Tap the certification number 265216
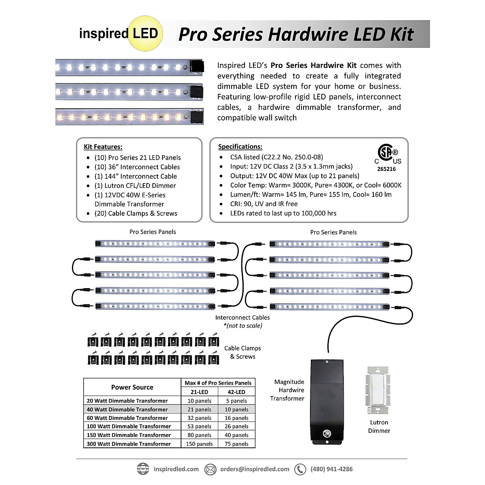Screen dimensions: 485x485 [386, 169]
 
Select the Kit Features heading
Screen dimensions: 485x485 [103, 147]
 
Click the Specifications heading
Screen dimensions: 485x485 [240, 147]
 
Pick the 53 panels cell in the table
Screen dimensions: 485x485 [199, 426]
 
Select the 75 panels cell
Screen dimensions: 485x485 [236, 444]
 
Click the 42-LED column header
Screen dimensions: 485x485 [236, 392]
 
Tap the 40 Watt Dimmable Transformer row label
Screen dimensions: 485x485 [127, 409]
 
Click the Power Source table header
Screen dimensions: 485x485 [132, 387]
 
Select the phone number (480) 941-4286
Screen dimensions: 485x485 [331, 469]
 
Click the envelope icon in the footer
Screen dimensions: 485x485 [210, 469]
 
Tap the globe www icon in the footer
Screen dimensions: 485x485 [143, 469]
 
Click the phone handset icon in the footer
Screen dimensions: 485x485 [300, 469]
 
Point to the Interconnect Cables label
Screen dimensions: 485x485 [242, 318]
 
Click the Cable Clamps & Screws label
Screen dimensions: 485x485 [242, 352]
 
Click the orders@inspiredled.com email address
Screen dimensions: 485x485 [255, 469]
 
